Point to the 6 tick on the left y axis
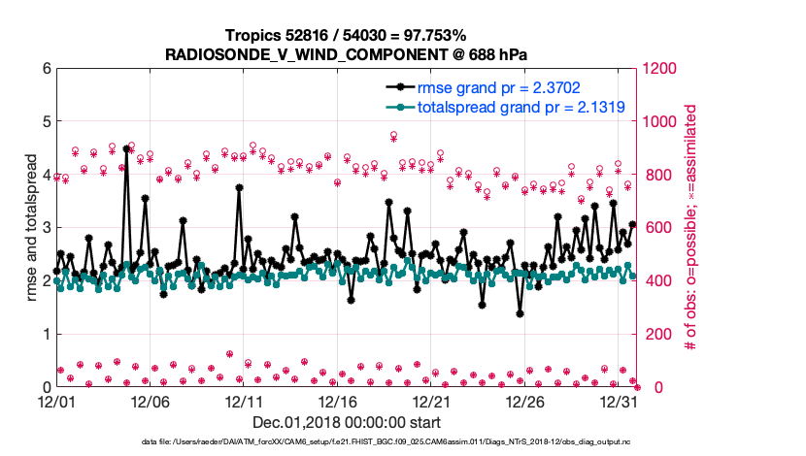click(46, 69)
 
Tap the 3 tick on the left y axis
click(46, 228)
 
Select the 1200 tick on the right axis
click(660, 69)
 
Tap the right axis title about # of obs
click(692, 228)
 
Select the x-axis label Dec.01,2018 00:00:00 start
click(347, 422)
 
